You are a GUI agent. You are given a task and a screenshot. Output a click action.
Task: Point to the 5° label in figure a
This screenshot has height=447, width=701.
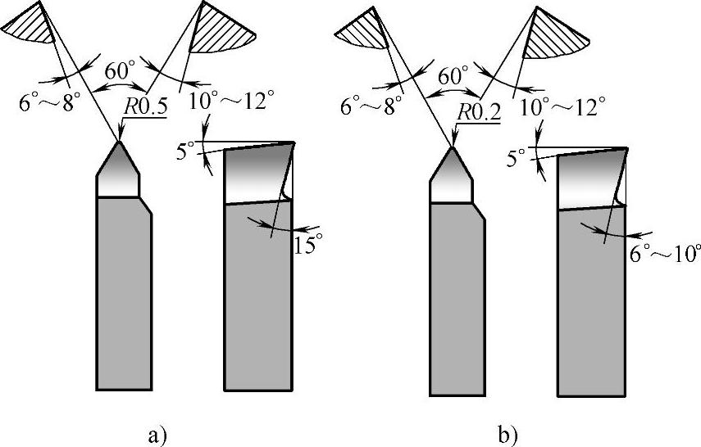coord(186,151)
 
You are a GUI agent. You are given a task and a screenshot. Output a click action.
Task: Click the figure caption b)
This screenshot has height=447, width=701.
coord(506,431)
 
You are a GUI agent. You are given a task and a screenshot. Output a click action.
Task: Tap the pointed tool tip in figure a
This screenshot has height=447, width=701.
coord(119,144)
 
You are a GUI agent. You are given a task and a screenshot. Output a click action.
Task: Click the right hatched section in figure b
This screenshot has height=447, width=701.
coord(554,36)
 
